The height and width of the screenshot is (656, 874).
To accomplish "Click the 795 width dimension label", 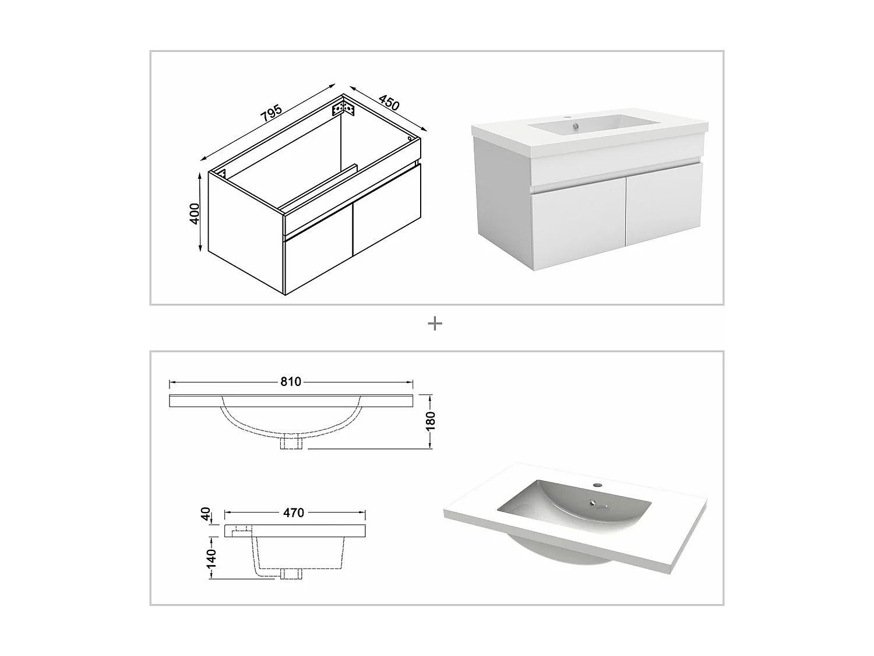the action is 271,113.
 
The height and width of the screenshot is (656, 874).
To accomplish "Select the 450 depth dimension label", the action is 389,103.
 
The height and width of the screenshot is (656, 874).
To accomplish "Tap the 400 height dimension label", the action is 194,213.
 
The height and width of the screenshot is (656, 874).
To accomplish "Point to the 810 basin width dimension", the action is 291,381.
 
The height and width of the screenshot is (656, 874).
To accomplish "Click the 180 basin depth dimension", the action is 431,422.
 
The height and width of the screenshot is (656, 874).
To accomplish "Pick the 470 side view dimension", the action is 294,513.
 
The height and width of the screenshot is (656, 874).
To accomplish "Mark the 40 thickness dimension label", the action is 206,514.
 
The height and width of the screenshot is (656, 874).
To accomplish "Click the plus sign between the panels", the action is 435,324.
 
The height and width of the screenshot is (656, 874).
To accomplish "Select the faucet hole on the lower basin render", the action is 597,485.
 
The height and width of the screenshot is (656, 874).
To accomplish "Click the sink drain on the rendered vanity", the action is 575,127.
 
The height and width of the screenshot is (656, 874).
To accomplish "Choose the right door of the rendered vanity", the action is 664,204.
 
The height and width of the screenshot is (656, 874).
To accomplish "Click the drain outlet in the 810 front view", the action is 291,443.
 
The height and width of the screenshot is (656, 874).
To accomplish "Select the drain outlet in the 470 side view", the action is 291,574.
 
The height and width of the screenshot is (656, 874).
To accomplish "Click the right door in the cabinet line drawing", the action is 387,209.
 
